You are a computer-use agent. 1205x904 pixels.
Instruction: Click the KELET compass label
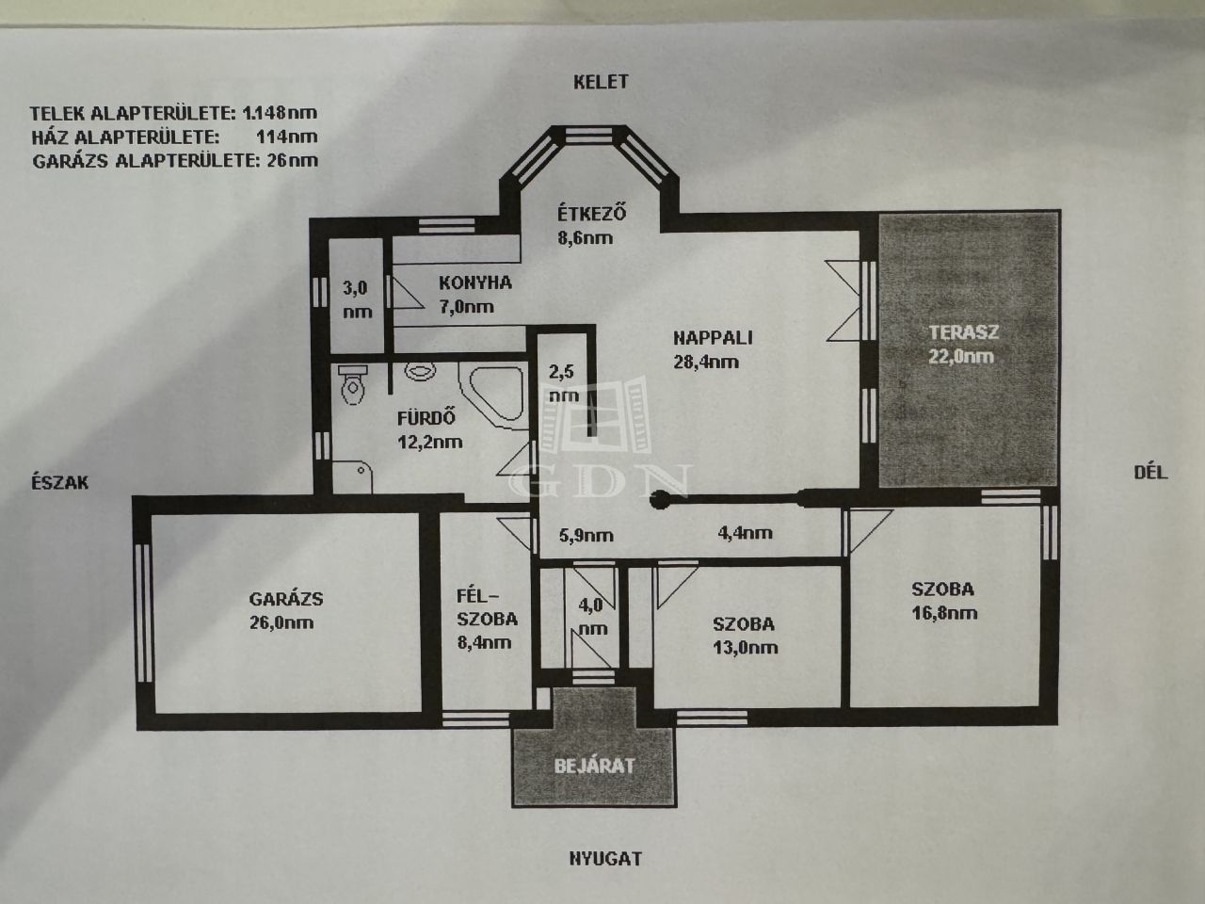tap(601, 82)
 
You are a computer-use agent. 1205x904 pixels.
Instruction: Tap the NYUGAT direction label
tap(605, 859)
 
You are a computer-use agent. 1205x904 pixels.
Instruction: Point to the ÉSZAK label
tap(60, 482)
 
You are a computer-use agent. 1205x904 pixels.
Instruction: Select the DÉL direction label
tap(1150, 473)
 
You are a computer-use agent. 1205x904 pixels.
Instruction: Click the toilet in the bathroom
tap(352, 385)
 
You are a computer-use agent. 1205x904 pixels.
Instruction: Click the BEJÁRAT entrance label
tap(594, 766)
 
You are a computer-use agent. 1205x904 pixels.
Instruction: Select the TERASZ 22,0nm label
tap(963, 345)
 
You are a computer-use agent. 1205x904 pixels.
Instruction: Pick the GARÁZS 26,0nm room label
tap(285, 610)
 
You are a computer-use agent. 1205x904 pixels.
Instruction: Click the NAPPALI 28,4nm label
tap(713, 349)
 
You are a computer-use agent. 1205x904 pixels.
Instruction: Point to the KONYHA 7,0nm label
tap(474, 295)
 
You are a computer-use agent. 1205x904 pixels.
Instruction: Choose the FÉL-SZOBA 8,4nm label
tap(487, 619)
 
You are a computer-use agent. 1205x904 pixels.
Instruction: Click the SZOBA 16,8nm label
tap(944, 601)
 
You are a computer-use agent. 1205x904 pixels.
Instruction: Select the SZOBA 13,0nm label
tap(745, 636)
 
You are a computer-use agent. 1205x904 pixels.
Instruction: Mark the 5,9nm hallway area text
tap(586, 536)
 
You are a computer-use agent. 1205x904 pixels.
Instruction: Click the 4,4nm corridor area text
tap(745, 533)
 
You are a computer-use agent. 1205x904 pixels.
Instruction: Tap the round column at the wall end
tap(659, 500)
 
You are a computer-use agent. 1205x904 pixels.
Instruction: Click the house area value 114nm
tap(287, 137)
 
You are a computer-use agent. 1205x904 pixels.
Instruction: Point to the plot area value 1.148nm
tap(280, 113)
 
